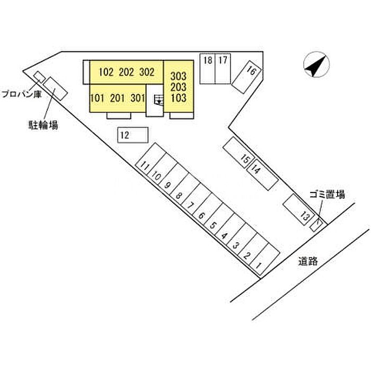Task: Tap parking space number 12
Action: point(132,135)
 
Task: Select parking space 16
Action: point(246,77)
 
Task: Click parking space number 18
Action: point(208,68)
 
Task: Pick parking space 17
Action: point(223,68)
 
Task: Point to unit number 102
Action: point(106,72)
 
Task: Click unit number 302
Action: point(147,72)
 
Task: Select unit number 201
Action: point(117,98)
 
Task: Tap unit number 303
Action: point(179,76)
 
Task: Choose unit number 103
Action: point(179,98)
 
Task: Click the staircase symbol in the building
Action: point(158,100)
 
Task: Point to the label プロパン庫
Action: point(22,94)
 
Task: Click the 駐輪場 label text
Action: point(43,125)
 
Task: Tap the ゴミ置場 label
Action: point(327,195)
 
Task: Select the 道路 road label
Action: point(307,261)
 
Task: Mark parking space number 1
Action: point(264,259)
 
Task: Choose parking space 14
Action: point(262,175)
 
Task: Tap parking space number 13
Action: point(299,209)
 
